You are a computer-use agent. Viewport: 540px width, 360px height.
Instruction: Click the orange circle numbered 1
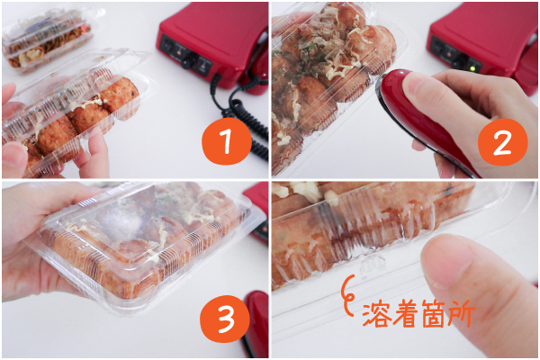point(227,140)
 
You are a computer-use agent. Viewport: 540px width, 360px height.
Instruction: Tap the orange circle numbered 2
point(503,142)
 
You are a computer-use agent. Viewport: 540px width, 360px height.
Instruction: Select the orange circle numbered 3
point(225,319)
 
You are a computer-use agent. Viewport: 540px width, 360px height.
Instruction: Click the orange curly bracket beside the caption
point(348,295)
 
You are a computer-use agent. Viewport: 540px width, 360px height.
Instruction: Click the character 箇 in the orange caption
point(433,314)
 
